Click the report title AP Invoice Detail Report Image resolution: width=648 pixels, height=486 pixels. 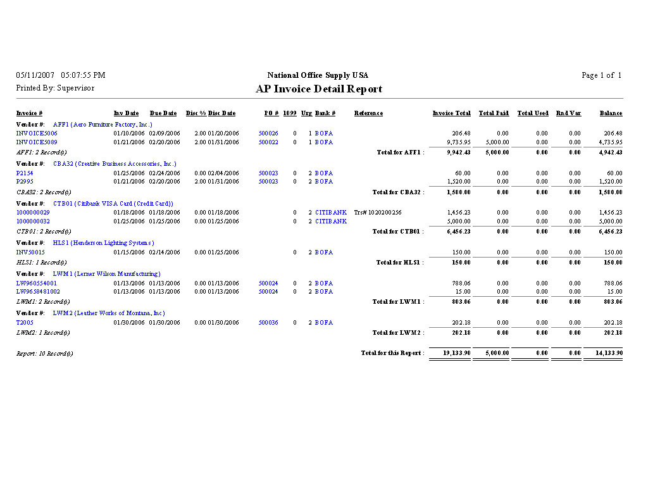(319, 89)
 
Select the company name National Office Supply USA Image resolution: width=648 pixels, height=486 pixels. (318, 75)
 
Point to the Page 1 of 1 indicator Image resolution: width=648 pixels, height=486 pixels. (601, 75)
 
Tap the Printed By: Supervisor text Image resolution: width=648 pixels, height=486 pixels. (55, 88)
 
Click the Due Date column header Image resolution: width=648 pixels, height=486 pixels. (163, 113)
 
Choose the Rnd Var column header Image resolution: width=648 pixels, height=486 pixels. (568, 113)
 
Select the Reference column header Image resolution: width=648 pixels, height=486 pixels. (368, 113)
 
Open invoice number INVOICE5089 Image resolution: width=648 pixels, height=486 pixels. (37, 142)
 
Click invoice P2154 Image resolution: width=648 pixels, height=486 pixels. (25, 173)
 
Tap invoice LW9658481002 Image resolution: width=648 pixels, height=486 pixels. (38, 292)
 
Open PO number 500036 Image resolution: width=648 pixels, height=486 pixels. (268, 323)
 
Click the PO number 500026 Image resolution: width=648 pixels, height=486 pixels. (268, 134)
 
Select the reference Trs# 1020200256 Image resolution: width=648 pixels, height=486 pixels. (378, 213)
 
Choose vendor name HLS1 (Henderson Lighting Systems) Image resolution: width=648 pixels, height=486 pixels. (103, 243)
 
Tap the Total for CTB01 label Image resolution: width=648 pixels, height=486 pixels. (398, 232)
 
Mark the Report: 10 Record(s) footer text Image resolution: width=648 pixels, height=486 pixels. (44, 354)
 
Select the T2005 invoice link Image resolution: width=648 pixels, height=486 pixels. (25, 323)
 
